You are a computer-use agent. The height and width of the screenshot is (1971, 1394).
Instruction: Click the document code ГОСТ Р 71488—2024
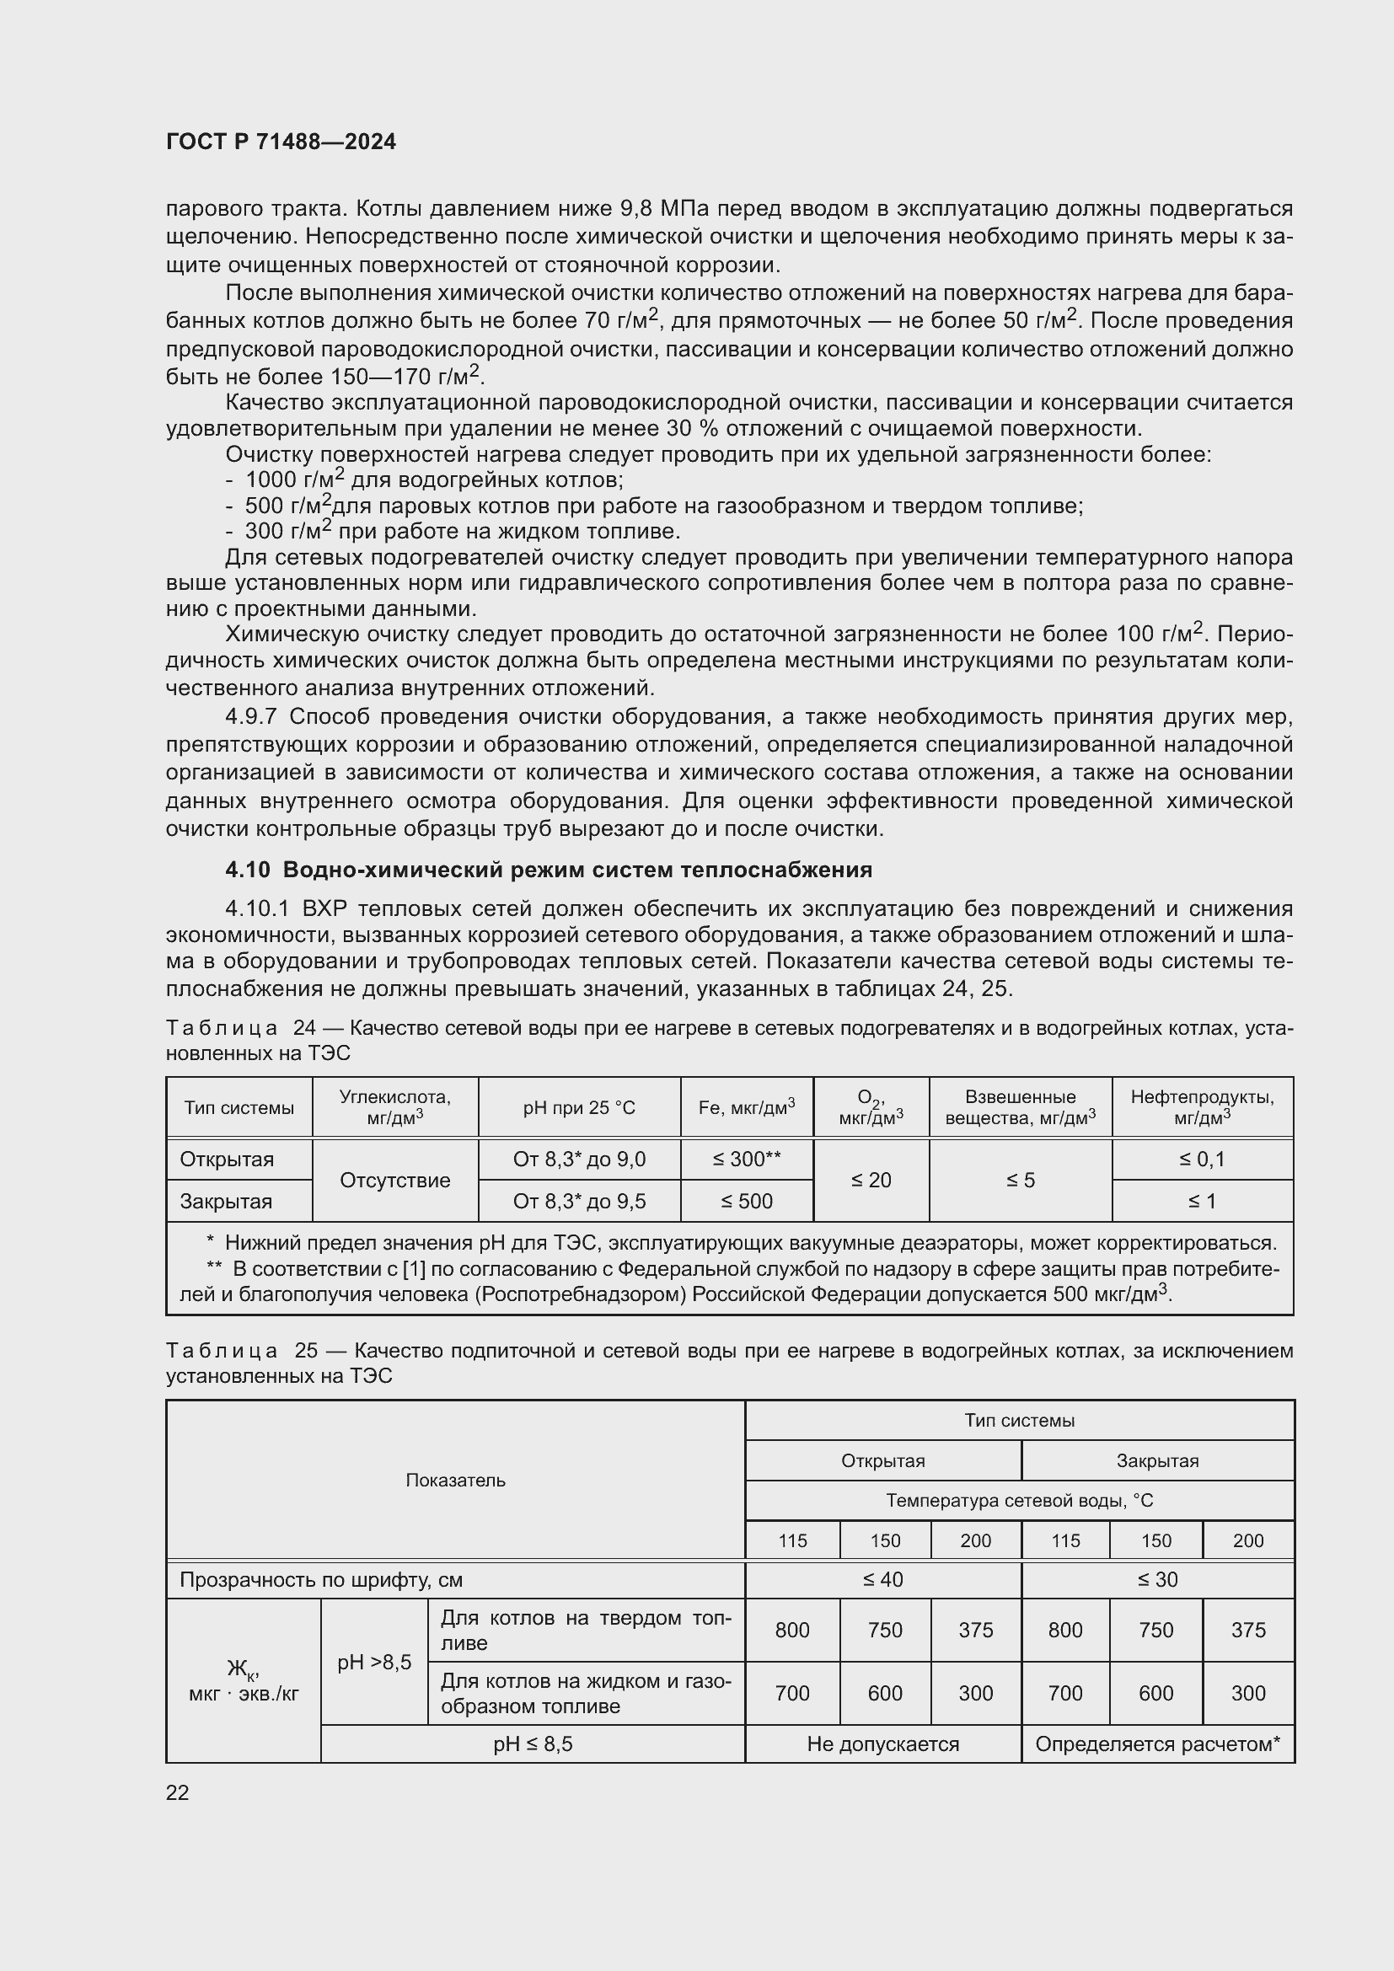point(281,142)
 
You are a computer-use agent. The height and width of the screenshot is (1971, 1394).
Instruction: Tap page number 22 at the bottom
point(178,1792)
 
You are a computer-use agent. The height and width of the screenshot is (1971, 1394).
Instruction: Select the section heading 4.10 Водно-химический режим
point(549,870)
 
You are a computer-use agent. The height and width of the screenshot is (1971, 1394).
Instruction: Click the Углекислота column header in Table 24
point(394,1107)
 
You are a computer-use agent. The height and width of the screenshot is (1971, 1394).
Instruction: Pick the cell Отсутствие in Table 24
point(394,1181)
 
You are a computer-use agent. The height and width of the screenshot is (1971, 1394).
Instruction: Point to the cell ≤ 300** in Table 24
point(746,1159)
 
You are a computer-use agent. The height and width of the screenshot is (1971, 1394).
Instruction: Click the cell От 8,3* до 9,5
point(578,1201)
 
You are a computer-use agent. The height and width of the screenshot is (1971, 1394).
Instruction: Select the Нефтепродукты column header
point(1202,1107)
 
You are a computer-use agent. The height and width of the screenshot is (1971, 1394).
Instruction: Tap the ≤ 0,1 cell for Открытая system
point(1202,1159)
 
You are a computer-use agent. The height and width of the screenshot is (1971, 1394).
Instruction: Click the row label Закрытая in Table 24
point(226,1201)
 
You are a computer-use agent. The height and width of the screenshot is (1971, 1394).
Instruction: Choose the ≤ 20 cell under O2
point(871,1181)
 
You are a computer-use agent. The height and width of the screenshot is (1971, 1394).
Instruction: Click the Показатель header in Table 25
point(455,1480)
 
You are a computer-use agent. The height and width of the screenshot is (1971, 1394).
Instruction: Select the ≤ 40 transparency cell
point(882,1579)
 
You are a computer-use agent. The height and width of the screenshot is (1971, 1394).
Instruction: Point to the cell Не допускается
point(882,1744)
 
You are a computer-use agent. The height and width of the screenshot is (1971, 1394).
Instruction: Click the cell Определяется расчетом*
point(1157,1744)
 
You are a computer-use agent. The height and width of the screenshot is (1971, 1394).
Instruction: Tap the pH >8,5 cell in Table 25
point(374,1662)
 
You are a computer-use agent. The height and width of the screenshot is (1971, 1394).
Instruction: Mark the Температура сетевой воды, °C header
point(1019,1501)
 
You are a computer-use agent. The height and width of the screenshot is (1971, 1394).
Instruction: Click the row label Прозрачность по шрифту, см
point(321,1579)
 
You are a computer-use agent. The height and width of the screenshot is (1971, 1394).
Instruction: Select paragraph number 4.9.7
point(251,717)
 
